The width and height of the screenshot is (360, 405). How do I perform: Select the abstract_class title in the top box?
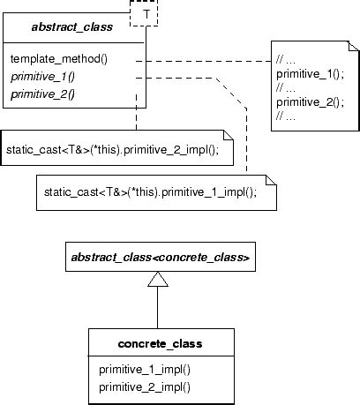click(71, 27)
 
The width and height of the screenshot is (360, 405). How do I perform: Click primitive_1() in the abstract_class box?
click(41, 76)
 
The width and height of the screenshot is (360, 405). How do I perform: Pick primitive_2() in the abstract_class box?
click(41, 93)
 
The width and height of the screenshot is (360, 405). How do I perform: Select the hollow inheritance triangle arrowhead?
click(157, 280)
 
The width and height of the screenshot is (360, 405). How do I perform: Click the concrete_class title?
click(161, 341)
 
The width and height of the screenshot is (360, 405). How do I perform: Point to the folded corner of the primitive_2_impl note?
click(227, 136)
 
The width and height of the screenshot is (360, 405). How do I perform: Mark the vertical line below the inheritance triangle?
click(157, 309)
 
